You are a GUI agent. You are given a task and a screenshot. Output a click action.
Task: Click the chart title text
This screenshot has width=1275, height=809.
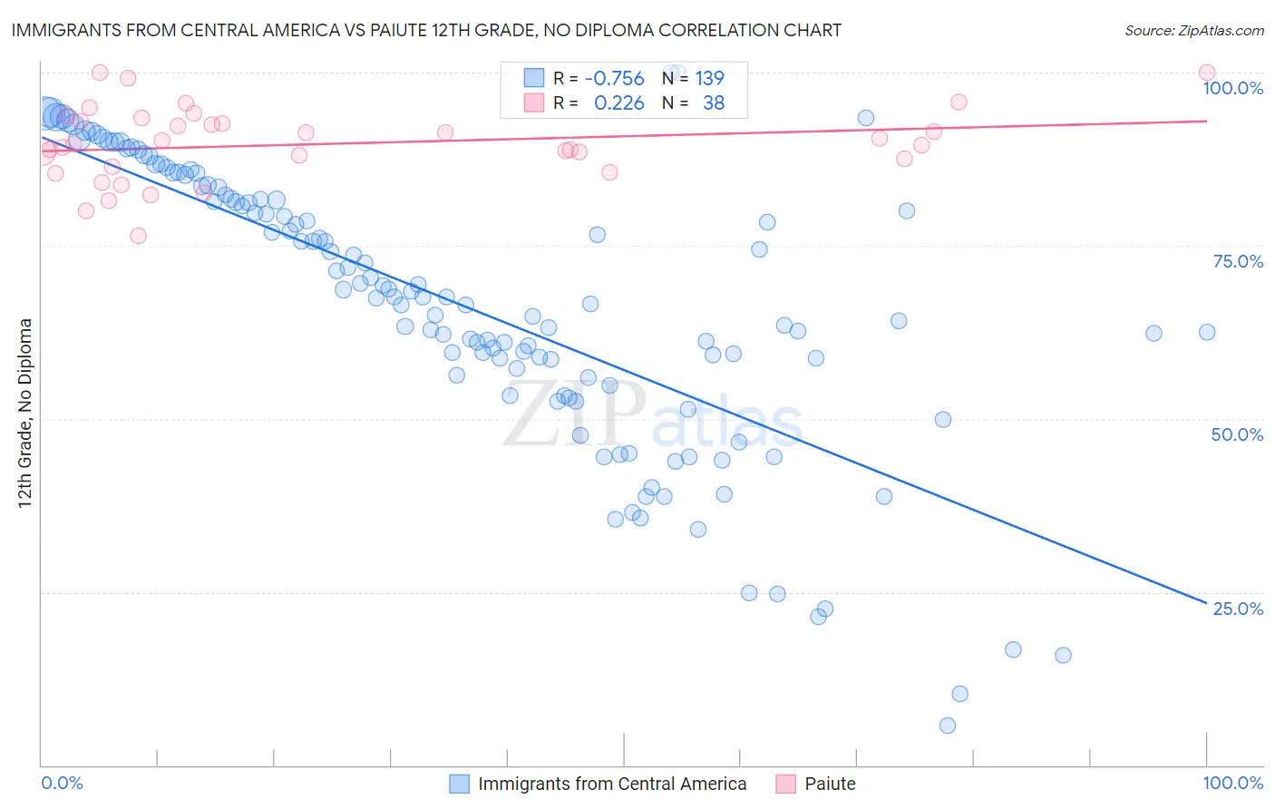(426, 30)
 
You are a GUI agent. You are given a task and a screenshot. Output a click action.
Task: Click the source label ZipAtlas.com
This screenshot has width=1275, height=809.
(1193, 30)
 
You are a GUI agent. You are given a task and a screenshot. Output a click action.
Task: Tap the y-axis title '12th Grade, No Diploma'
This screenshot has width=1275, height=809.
(25, 413)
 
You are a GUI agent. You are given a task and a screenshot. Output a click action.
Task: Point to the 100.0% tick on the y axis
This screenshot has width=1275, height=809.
(1232, 88)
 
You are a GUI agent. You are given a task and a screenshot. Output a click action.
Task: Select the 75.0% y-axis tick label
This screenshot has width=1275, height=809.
(1238, 261)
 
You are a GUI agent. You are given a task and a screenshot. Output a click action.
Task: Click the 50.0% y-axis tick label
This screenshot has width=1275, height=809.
(1237, 434)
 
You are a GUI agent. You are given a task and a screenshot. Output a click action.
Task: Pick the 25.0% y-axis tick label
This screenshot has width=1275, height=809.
(1238, 609)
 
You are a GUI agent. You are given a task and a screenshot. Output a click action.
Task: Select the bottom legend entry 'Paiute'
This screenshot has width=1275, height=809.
(830, 785)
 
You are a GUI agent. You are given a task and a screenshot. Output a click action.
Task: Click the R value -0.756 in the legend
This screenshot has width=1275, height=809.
(614, 79)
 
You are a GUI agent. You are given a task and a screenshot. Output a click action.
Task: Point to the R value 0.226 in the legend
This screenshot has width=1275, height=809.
(618, 103)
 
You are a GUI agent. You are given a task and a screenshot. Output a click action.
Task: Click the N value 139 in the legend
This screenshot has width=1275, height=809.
(709, 79)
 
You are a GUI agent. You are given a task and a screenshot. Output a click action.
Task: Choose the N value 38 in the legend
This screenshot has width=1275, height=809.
(714, 103)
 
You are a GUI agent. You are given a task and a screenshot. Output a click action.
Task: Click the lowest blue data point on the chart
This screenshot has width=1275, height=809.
(948, 726)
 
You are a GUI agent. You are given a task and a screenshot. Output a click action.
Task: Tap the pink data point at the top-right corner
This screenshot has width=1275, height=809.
(1207, 73)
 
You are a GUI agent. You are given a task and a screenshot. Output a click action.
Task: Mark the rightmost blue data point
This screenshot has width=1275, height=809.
(1207, 332)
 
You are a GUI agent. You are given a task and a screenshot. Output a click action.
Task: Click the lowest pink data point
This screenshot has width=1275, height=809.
(138, 236)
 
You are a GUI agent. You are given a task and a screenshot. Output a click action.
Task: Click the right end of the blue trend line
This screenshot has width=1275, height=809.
(1206, 602)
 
